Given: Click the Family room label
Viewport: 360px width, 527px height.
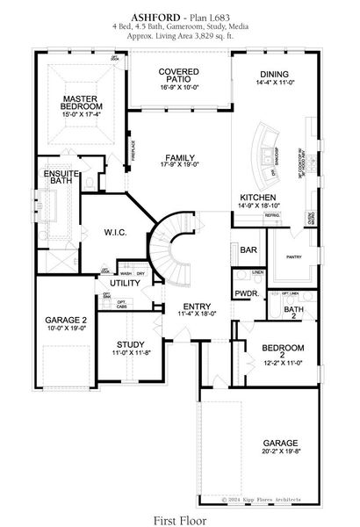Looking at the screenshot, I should pyautogui.click(x=178, y=157).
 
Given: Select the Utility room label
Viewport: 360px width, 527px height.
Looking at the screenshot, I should pyautogui.click(x=126, y=284).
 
